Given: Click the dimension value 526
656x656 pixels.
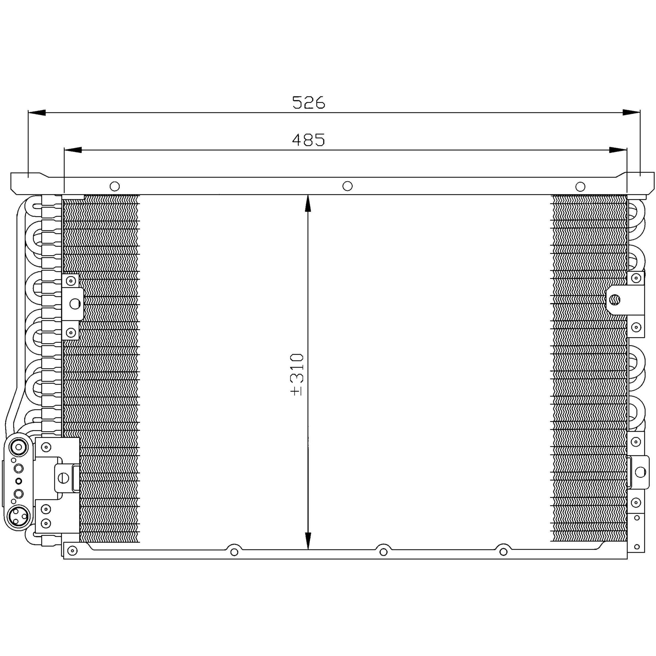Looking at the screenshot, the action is click(x=308, y=102).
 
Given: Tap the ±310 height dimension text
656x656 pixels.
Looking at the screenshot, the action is click(x=297, y=375).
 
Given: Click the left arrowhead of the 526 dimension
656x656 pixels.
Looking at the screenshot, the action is click(x=37, y=112).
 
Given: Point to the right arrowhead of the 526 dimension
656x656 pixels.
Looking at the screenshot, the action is click(x=631, y=112).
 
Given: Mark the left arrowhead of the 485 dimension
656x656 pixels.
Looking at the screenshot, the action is click(x=73, y=150).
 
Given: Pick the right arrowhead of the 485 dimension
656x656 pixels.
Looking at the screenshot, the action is click(x=618, y=150).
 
